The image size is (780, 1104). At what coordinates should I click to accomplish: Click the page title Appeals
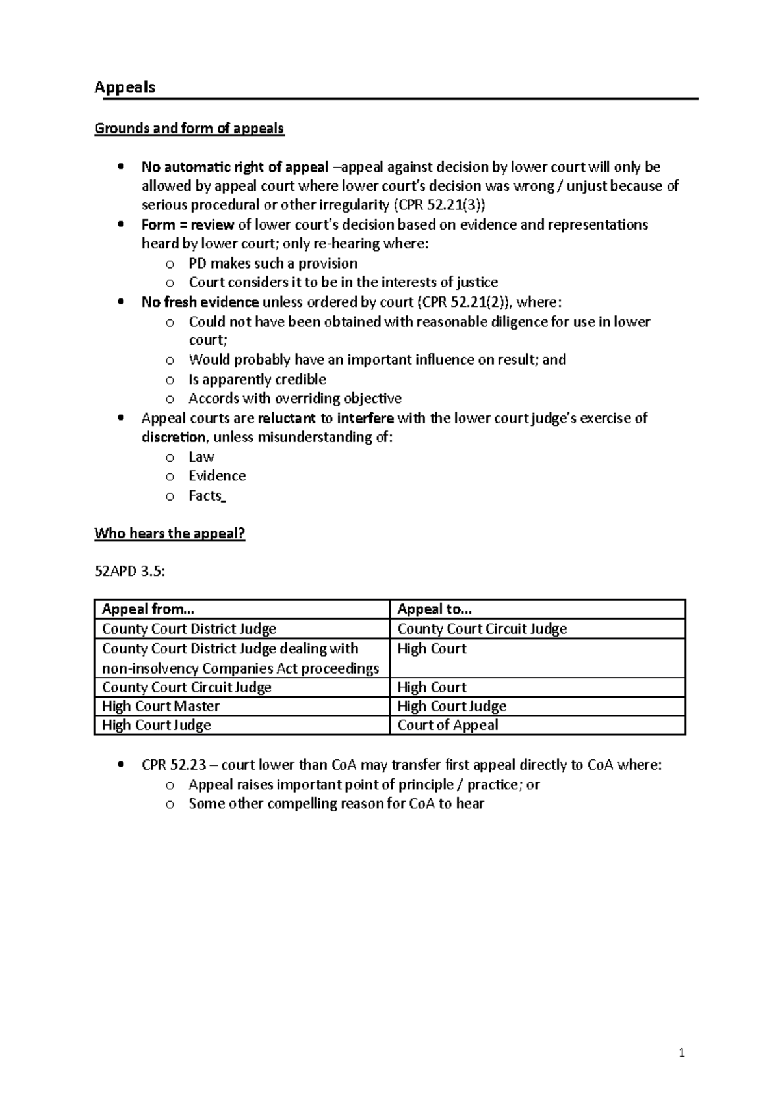coord(125,87)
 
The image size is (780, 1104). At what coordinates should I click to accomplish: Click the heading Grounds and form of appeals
coord(189,128)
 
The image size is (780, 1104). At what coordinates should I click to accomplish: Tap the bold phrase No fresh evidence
coord(200,302)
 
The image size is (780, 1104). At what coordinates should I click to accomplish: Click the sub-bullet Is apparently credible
coord(257,380)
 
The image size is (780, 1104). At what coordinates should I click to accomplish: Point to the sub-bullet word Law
coord(201,457)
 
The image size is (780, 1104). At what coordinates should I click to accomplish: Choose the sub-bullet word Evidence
coord(217,476)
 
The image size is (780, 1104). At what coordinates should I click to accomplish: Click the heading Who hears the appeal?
coord(170,534)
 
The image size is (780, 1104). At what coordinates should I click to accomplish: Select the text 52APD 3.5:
coord(130,572)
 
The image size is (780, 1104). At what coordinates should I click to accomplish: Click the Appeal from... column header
coord(148,609)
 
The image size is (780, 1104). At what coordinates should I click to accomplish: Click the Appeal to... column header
coord(434,609)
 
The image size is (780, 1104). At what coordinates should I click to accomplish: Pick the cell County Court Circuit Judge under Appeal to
coord(482,629)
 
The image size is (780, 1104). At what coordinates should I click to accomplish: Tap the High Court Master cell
coord(161,706)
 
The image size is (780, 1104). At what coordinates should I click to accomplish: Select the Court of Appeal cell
coord(447,726)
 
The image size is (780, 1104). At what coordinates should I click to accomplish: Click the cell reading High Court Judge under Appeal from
coord(156,726)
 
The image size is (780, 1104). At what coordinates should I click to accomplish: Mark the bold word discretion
coord(174,438)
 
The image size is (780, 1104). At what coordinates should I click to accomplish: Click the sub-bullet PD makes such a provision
coord(273,264)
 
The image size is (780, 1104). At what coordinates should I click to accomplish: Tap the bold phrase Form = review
coord(188,225)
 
